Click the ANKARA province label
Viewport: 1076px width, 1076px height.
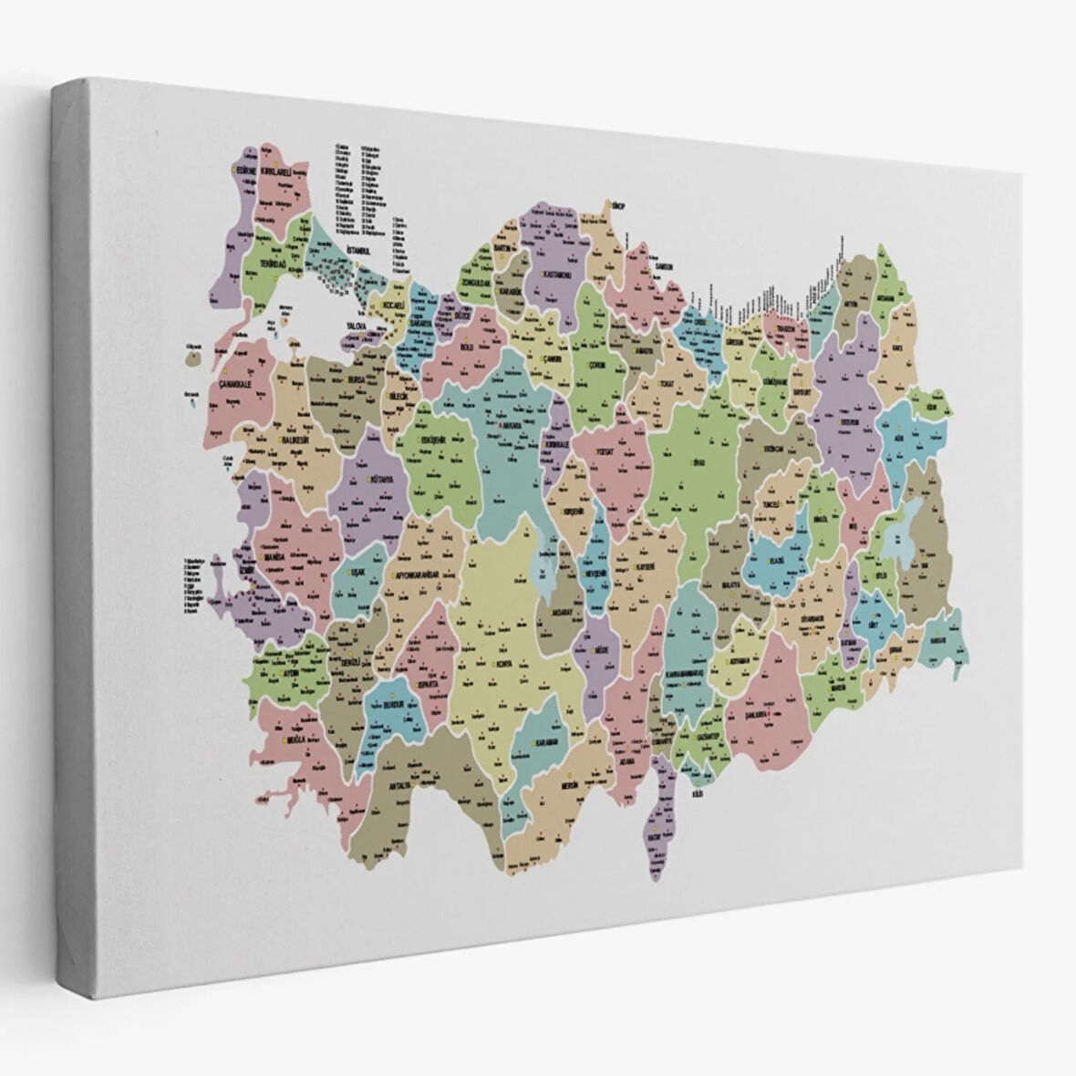[x=512, y=426]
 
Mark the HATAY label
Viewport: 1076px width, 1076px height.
[x=654, y=834]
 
